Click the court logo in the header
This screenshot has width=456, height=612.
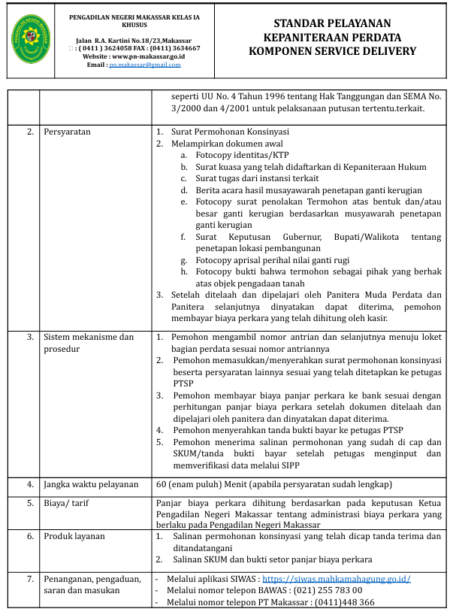tap(32, 39)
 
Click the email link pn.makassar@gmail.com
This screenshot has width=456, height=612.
tap(145, 65)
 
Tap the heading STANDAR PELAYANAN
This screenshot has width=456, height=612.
tap(332, 24)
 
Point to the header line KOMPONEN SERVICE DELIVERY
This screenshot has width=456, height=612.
tap(332, 51)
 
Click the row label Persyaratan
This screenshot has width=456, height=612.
tap(68, 132)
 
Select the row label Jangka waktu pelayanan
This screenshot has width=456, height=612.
tap(91, 484)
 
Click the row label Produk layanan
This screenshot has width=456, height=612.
tap(74, 536)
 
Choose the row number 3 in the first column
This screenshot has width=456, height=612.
tap(30, 337)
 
